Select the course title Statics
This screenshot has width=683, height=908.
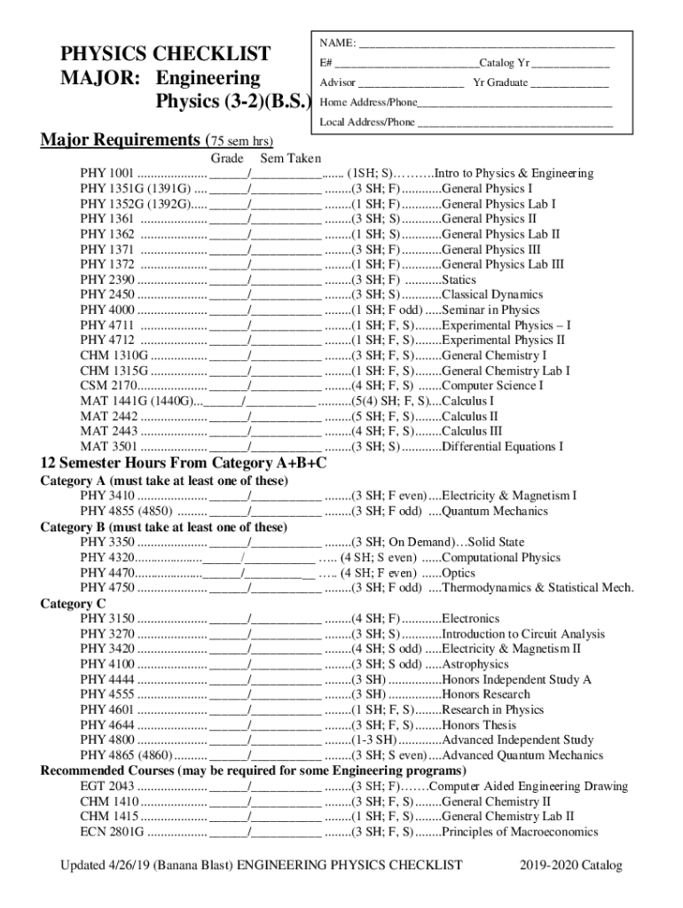click(459, 279)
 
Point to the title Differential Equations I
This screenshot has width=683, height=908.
click(502, 447)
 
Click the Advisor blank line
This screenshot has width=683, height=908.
click(412, 83)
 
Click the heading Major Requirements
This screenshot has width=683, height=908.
click(121, 140)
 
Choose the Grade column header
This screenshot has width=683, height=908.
click(226, 157)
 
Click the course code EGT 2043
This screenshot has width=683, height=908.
click(106, 787)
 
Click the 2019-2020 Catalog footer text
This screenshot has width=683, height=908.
click(573, 865)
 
